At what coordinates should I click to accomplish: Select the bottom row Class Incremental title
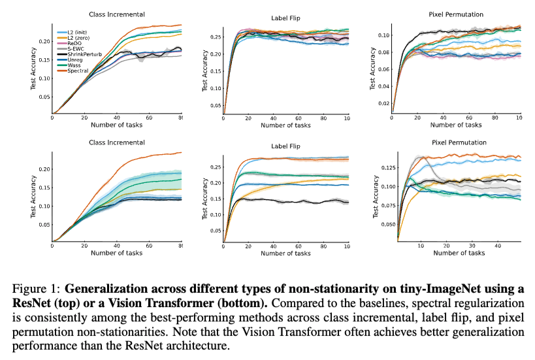(116, 142)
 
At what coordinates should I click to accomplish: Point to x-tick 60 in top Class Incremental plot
(149, 118)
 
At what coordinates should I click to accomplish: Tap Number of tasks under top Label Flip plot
(285, 125)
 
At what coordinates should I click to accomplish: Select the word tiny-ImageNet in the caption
(383, 289)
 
